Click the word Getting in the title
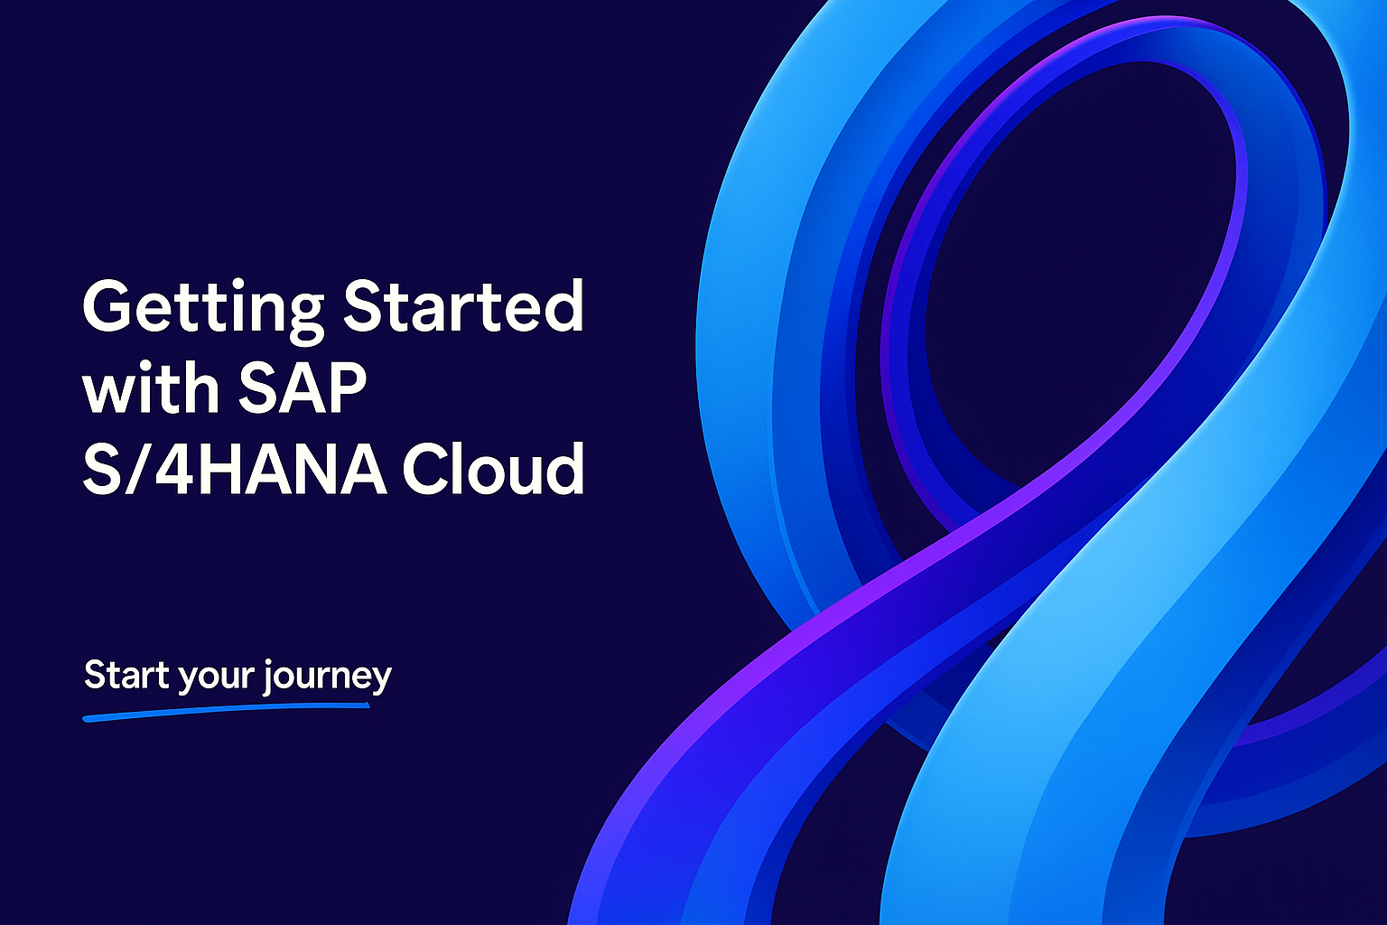coord(203,311)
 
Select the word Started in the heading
coord(464,305)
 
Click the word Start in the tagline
coord(127,675)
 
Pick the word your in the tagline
coord(215,679)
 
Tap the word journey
coord(327,677)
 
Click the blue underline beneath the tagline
coord(226,711)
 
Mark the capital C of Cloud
coord(428,468)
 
